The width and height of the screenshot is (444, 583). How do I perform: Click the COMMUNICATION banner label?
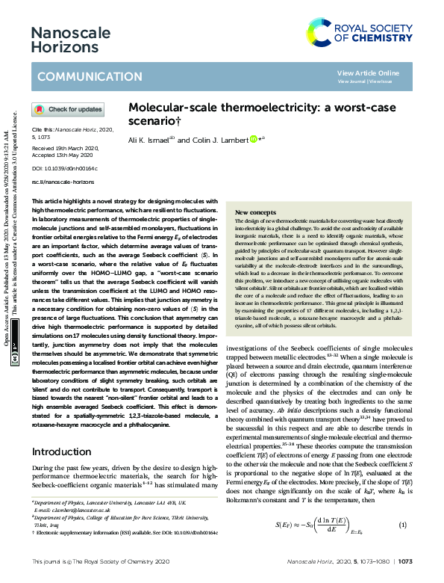pyautogui.click(x=79, y=77)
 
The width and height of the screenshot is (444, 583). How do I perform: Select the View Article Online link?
pyautogui.click(x=368, y=73)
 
